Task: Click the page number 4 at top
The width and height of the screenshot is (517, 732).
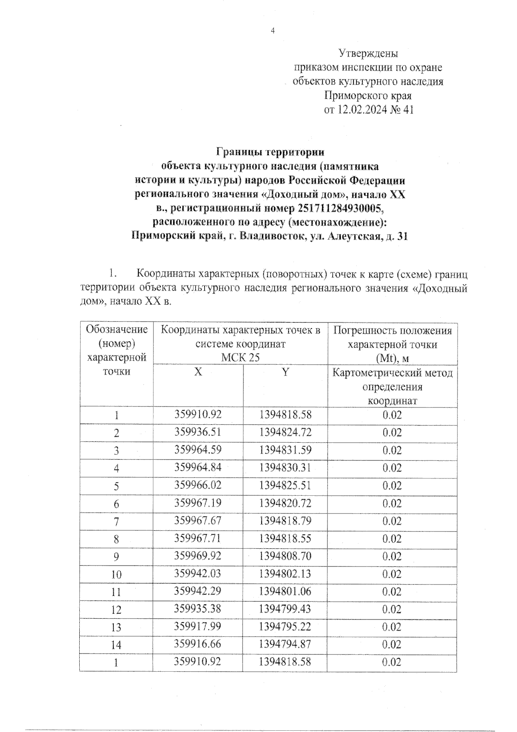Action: pos(272,31)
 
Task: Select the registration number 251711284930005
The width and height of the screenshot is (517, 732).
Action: pos(339,208)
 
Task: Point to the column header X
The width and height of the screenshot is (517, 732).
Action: pos(198,372)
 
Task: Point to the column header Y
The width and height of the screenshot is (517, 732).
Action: pos(285,372)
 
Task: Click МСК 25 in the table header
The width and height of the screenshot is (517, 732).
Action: pos(240,357)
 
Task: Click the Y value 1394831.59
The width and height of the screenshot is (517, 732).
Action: pos(285,450)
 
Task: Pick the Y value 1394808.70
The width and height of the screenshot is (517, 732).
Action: pos(285,556)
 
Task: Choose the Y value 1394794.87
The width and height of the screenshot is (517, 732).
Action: pos(285,644)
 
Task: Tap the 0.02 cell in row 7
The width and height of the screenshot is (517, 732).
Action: pos(392,521)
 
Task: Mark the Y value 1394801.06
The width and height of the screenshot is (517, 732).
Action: pos(285,591)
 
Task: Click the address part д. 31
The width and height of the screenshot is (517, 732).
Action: pos(396,236)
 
